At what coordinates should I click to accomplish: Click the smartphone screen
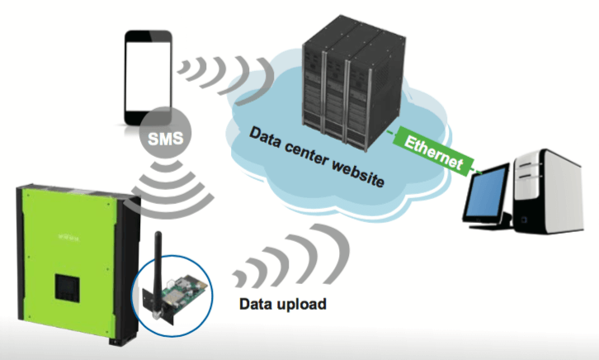coord(149,73)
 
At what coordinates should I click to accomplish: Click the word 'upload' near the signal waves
coord(304,304)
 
